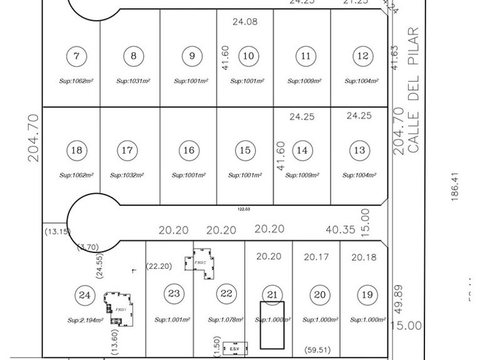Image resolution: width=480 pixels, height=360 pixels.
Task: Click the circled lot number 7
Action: (x=76, y=56)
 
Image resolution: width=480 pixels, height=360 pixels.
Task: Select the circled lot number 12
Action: (x=362, y=56)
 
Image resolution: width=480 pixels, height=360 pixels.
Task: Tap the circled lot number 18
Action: (x=76, y=151)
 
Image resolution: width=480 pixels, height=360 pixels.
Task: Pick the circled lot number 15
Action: (x=245, y=151)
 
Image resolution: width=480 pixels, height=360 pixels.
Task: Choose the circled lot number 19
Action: (x=367, y=294)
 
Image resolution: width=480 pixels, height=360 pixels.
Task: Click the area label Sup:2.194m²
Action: (x=85, y=320)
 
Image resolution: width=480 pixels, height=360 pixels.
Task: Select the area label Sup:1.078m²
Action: (x=225, y=320)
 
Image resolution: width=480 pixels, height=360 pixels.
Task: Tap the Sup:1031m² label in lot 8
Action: (x=134, y=81)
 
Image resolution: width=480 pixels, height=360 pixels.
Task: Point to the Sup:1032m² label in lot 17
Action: (x=127, y=175)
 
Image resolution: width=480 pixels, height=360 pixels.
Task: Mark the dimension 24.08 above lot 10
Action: (x=245, y=22)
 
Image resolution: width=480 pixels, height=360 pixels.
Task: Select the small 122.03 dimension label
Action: (x=245, y=210)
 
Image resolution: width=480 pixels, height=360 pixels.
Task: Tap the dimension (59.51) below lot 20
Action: (x=316, y=350)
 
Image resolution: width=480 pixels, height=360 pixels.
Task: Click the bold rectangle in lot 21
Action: (x=272, y=325)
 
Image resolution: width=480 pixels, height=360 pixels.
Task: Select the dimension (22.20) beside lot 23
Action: (x=159, y=266)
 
